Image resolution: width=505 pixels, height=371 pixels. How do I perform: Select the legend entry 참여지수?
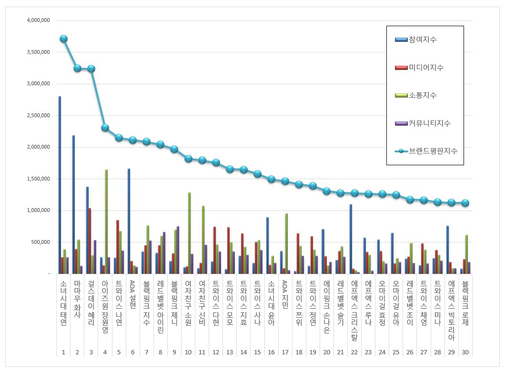click(423, 40)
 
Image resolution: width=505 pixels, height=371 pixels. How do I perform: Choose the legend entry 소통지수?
click(423, 95)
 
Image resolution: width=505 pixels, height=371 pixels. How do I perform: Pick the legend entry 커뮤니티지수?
click(429, 123)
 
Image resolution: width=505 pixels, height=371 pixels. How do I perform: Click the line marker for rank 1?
click(63, 39)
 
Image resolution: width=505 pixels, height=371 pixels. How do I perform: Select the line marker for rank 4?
click(105, 128)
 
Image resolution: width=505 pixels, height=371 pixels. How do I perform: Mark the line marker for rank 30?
click(465, 203)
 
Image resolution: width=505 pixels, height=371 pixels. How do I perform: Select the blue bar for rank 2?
click(74, 204)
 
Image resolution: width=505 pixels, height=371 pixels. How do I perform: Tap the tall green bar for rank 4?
click(106, 221)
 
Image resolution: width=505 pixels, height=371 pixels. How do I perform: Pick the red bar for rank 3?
click(90, 241)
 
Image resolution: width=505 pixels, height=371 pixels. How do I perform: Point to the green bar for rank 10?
click(189, 233)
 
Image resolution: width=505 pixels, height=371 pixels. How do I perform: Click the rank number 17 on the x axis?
click(285, 352)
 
